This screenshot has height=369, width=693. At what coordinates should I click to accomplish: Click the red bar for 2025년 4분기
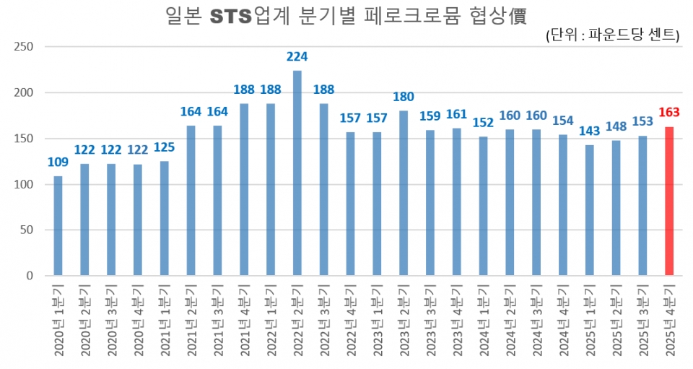pos(669,201)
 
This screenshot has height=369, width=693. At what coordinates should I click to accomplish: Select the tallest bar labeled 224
pos(297,173)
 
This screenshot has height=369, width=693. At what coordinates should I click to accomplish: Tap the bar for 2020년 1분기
pos(58,226)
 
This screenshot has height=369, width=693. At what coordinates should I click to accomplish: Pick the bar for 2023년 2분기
pos(403,194)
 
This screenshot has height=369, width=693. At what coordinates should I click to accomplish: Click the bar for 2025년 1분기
pos(589,210)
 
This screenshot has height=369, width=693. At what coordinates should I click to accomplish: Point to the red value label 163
pos(669,112)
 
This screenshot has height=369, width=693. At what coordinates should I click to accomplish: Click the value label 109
pos(58,162)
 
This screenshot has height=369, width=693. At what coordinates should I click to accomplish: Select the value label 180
pos(403,97)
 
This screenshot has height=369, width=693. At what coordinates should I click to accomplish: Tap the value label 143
pos(589,131)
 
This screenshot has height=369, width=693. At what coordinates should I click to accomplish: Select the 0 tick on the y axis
pos(31,276)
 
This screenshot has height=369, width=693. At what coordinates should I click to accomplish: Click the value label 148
pos(616,126)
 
